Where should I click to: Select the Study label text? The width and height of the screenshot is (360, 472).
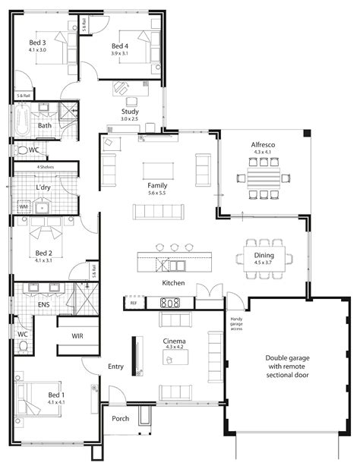[129, 111]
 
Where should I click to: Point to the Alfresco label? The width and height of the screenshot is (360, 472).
[263, 144]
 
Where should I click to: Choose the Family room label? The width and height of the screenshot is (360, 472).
[158, 185]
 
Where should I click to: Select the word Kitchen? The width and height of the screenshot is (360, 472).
[174, 282]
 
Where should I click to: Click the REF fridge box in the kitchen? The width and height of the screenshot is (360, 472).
[134, 303]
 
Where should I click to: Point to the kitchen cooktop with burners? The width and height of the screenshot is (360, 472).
[169, 303]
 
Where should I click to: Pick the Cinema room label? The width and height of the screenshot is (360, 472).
[175, 341]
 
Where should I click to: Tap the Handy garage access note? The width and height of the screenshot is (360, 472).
[237, 324]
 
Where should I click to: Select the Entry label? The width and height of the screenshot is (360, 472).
[115, 367]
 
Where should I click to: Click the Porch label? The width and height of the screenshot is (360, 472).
[120, 418]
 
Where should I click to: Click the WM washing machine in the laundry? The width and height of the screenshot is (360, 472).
[23, 206]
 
